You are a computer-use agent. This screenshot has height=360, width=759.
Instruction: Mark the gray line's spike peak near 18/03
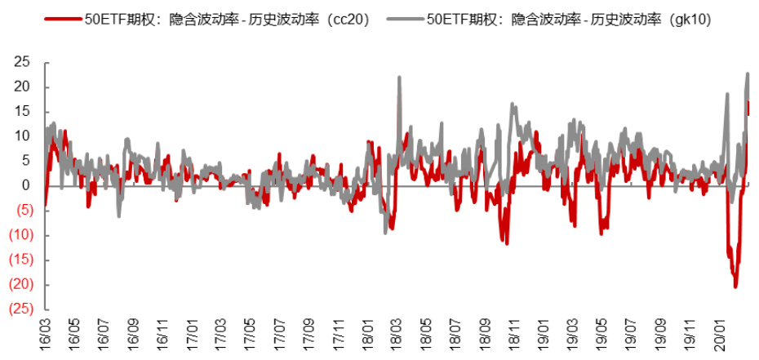coord(399,77)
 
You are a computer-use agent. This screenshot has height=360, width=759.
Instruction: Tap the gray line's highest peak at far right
coord(748,73)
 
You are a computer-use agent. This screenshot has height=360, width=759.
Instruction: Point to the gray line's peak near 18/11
coord(512,104)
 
